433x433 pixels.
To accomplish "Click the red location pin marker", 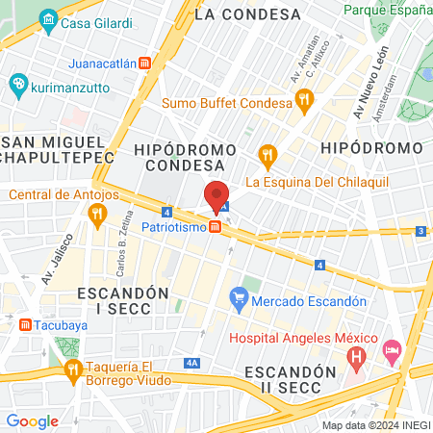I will pos(216,196).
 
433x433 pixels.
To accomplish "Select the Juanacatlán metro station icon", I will pos(144,64).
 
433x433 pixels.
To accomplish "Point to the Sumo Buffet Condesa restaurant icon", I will pos(304,97).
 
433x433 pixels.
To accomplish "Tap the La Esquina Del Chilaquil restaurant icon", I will pos(267,153).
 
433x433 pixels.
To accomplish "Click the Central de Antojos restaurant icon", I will pos(95,216).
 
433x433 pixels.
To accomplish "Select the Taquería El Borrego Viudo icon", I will pos(71,370).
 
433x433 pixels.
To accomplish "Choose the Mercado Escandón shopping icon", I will pos(239,301).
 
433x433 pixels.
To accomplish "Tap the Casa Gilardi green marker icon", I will pos(48,20).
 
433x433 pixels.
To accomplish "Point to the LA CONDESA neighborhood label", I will pos(247,14).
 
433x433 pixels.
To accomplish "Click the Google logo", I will pos(32,420).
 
